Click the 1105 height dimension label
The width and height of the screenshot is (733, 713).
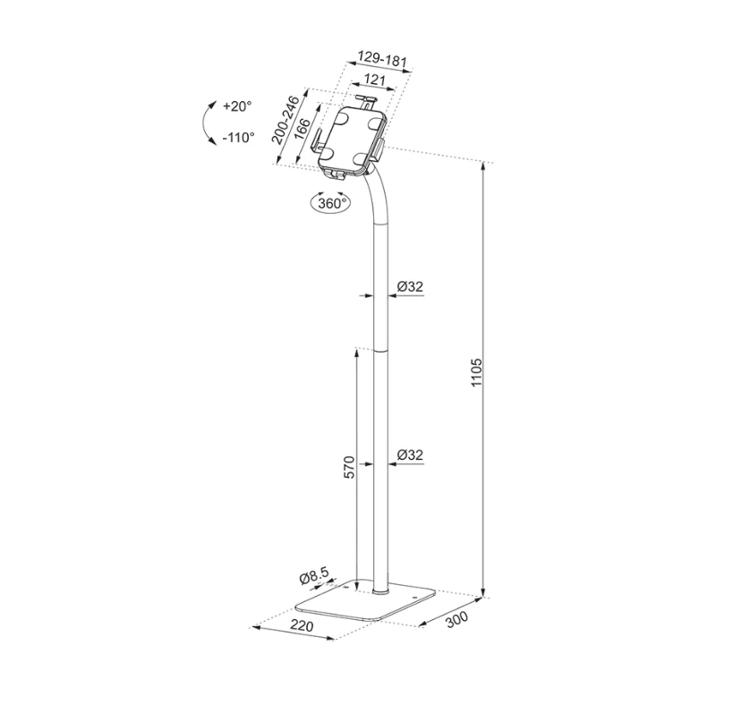point(476,371)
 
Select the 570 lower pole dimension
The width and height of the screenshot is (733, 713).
point(349,467)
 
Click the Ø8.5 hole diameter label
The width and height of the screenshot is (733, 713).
point(316,578)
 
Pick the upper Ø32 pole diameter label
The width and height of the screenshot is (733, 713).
point(409,286)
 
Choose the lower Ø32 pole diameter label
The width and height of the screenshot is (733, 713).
point(409,455)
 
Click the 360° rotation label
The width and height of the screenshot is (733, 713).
point(331,203)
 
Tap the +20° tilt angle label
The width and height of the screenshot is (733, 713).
point(237,106)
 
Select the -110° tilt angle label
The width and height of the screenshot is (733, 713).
point(237,137)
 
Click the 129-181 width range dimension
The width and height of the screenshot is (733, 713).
point(382,60)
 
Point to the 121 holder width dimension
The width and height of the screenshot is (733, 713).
point(374,81)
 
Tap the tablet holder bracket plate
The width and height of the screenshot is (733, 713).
point(349,139)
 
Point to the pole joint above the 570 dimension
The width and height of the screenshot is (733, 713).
point(382,351)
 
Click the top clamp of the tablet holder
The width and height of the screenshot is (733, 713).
point(365,101)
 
